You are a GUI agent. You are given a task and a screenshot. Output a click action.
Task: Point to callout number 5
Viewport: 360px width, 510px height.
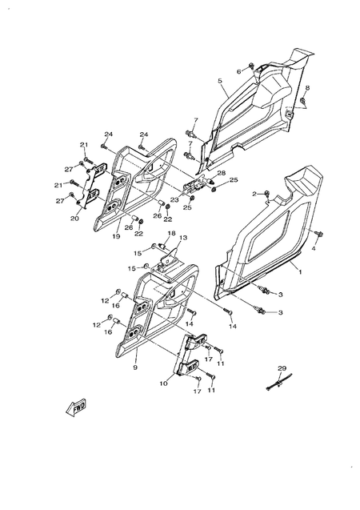[219, 81]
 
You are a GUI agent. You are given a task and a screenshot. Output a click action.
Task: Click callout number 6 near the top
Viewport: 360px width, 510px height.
[238, 72]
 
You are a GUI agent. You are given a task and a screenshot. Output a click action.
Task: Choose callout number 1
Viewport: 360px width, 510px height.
[300, 273]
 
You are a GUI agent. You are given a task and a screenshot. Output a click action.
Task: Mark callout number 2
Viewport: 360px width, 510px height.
[254, 194]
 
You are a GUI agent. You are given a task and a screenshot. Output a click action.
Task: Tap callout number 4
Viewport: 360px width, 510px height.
[314, 249]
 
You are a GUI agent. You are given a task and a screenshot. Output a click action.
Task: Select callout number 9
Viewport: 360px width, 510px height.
[135, 367]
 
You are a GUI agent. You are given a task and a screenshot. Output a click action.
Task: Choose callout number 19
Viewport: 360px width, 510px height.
[117, 237]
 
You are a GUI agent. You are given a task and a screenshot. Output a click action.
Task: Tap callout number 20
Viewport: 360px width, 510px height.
[74, 218]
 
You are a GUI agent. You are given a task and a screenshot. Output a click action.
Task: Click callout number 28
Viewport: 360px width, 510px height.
[222, 173]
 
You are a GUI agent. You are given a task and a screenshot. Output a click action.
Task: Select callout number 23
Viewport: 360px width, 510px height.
[174, 199]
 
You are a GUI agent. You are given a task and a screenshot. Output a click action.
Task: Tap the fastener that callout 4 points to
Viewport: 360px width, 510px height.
[318, 233]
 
